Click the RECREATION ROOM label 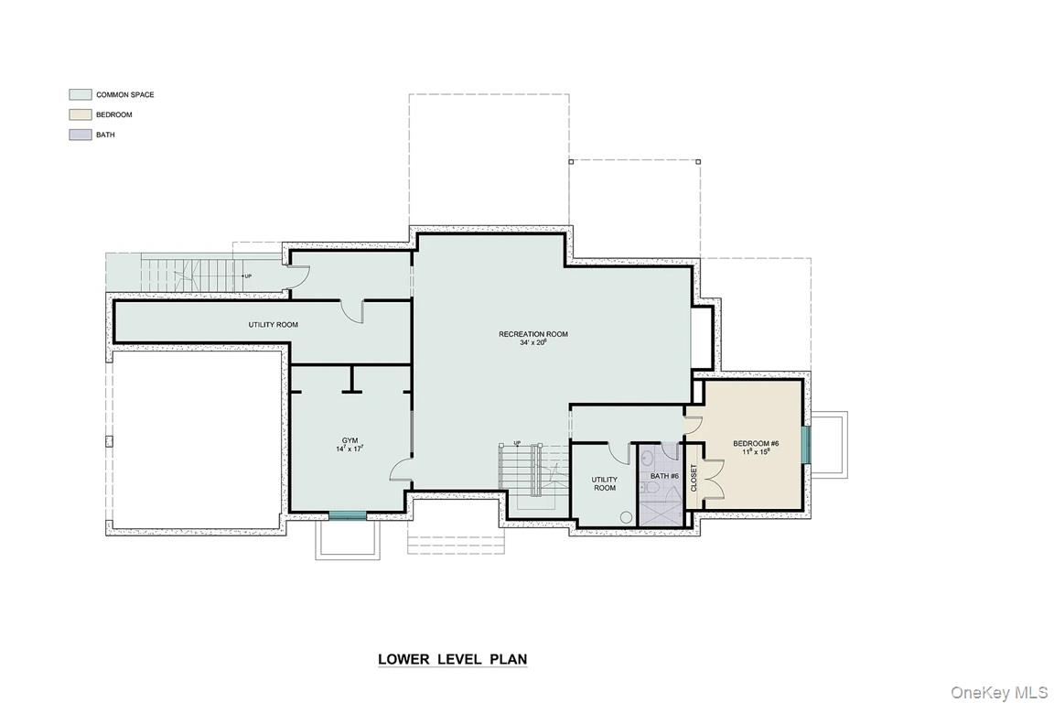pos(533,334)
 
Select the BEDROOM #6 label pos(756,443)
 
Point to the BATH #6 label pos(664,476)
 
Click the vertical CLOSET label pos(694,478)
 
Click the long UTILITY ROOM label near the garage pos(273,325)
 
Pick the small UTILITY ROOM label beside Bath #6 pos(604,483)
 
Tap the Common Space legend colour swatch pos(80,94)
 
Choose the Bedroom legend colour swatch pos(80,114)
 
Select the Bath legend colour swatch pos(80,135)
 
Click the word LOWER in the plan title pos(403,659)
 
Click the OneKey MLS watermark pos(999,692)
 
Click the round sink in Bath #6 pos(647,460)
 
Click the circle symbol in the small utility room pos(627,517)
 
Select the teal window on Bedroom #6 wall pos(806,444)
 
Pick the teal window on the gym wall pos(348,515)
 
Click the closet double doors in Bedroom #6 pos(714,479)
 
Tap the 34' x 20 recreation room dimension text pos(533,342)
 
